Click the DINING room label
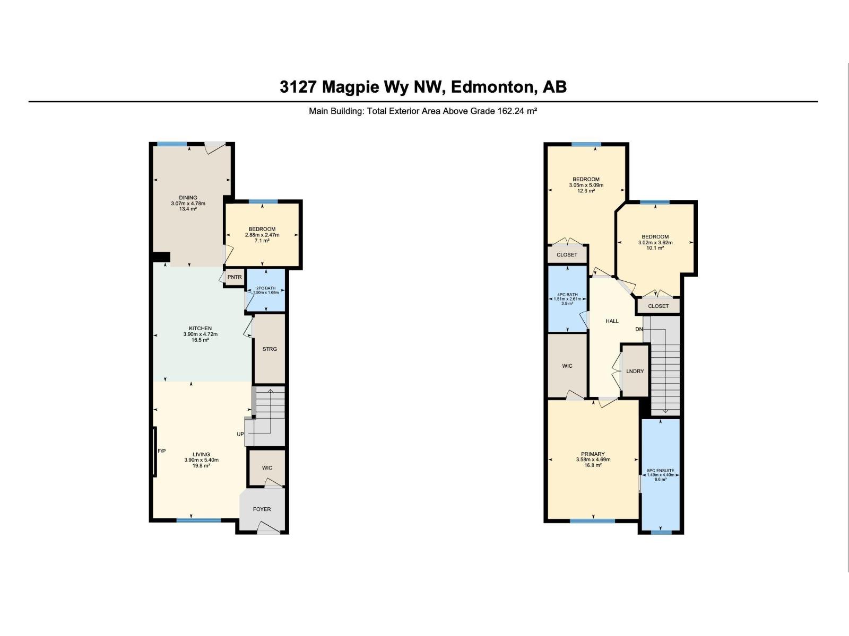coord(188,198)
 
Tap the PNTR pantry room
coord(235,277)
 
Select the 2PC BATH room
coord(266,291)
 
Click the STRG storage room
coord(270,349)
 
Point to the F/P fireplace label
coord(162,451)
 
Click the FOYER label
coord(262,509)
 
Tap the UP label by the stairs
coord(240,434)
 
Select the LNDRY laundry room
coord(635,371)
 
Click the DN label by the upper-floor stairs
coord(639,329)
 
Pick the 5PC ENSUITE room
coord(661,473)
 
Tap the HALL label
coord(612,321)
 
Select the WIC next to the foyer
coord(267,467)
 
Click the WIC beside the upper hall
coord(567,366)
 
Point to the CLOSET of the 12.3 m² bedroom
coord(567,255)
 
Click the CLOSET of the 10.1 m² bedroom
coord(658,306)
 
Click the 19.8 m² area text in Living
coord(201,466)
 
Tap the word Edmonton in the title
coord(493,87)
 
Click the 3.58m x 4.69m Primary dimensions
coord(593,460)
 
